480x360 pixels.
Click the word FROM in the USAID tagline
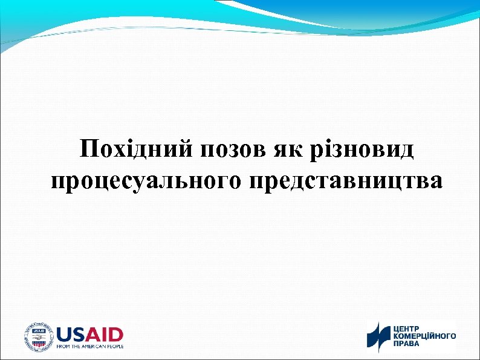pos(63,347)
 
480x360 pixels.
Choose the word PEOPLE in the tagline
pos(115,347)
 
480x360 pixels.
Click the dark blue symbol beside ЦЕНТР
pos(380,336)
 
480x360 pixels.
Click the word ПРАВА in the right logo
pos(407,344)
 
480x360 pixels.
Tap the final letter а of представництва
pos(436,182)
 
